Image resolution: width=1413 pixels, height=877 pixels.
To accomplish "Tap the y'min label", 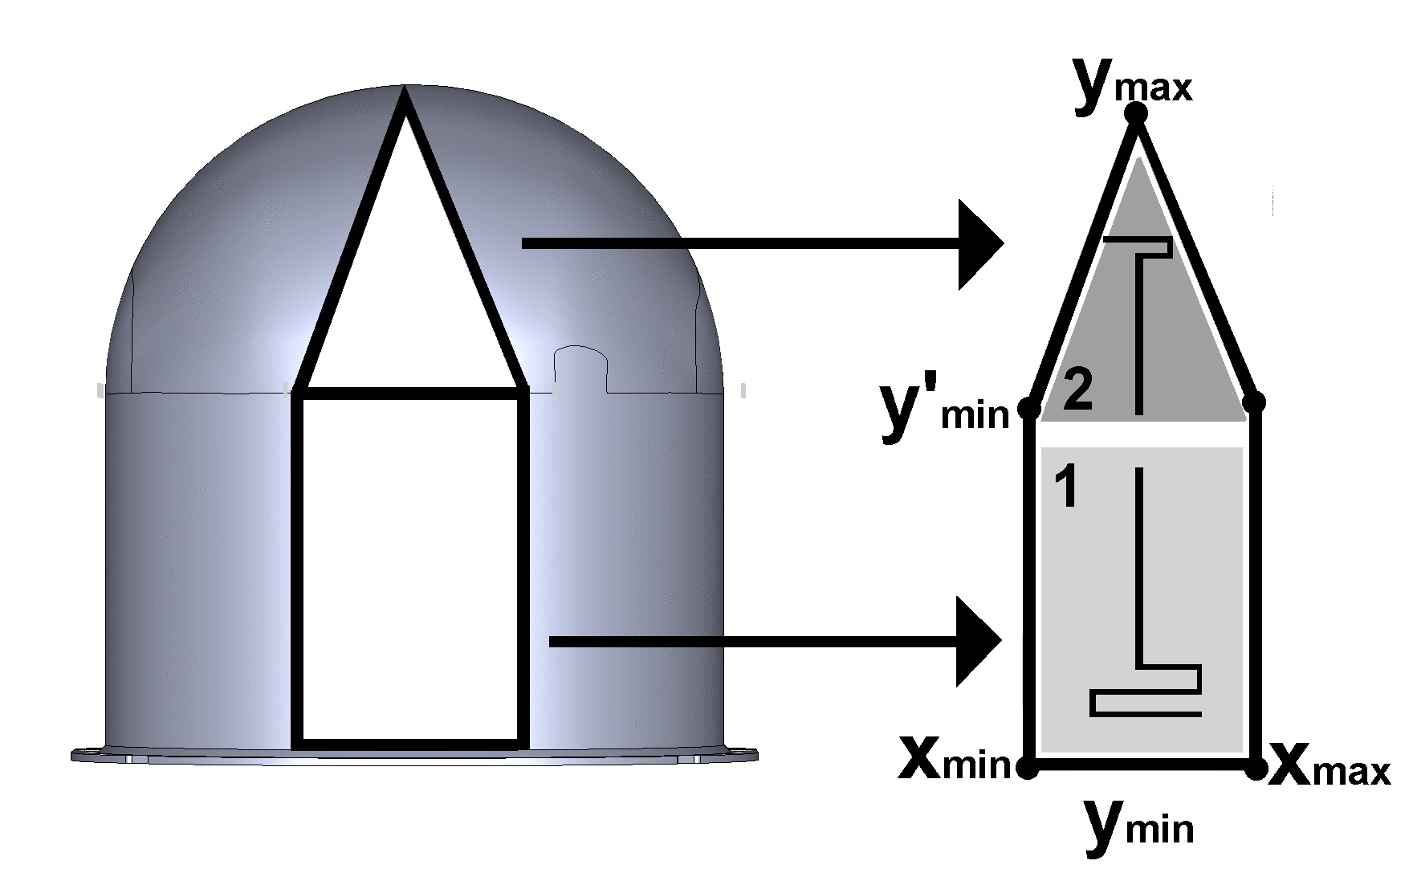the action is (944, 410).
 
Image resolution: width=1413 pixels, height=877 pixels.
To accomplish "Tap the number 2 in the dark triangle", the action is (1077, 391).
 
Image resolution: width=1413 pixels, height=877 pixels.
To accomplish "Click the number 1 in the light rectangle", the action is (1065, 487).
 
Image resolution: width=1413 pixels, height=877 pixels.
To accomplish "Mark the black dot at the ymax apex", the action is (1136, 114).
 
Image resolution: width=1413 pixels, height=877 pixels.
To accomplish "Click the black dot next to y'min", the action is (1028, 409).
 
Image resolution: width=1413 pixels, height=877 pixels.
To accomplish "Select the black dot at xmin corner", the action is (1027, 768).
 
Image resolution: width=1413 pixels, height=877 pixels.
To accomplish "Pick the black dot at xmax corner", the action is (1256, 768).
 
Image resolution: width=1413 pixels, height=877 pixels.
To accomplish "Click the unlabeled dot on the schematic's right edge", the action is (1257, 402).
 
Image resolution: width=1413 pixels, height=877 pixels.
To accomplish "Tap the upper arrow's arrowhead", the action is (980, 244).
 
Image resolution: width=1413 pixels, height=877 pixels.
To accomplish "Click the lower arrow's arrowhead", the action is (979, 641).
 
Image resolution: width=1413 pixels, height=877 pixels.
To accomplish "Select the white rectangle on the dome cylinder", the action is (409, 566).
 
